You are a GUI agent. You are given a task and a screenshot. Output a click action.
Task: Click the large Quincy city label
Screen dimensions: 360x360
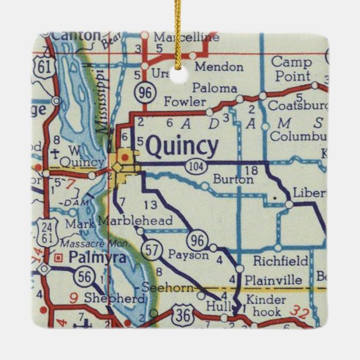tap(182, 147)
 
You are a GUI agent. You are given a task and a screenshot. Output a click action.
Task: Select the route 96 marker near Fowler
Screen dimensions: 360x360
tap(145, 93)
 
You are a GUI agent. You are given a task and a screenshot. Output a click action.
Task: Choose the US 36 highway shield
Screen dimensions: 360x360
tap(183, 314)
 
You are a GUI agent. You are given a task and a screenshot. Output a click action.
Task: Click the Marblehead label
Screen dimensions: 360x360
tap(135, 220)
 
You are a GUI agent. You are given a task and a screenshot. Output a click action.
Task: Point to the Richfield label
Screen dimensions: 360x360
tap(281, 260)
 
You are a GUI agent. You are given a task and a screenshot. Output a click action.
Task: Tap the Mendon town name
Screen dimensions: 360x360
tap(219, 67)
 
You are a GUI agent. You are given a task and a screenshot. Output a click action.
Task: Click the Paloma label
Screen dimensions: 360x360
tap(215, 88)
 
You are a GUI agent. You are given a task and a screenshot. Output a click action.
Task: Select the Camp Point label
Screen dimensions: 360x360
tap(291, 69)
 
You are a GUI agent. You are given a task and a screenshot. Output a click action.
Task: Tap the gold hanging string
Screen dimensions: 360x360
tap(178, 34)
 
